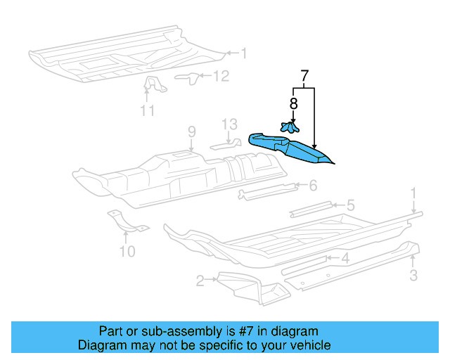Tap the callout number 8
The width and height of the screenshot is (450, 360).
[x=293, y=103]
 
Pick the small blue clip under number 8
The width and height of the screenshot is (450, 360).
[x=288, y=127]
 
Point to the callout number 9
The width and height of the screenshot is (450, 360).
[x=190, y=131]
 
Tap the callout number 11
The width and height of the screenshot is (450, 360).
[x=147, y=110]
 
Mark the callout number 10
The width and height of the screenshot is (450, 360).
[x=127, y=250]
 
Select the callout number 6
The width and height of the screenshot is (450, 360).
[x=313, y=185]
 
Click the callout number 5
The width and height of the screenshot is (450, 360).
[x=349, y=205]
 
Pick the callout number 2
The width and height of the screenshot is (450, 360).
[x=200, y=281]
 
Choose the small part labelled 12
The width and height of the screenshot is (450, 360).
[x=186, y=76]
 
